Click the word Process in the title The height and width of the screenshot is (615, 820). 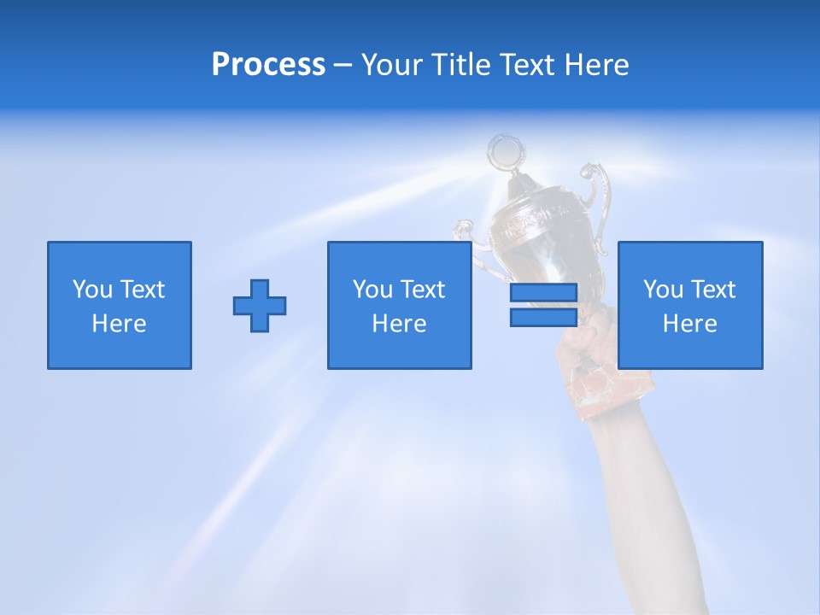click(268, 65)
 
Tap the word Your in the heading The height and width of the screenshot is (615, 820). click(392, 65)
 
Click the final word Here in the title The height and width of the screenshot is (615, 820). click(595, 65)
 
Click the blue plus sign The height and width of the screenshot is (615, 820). click(260, 305)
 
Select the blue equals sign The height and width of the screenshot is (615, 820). click(543, 305)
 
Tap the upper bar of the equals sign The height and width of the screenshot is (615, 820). click(543, 293)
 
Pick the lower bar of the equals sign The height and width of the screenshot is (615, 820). click(543, 317)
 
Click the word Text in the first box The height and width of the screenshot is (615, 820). click(142, 290)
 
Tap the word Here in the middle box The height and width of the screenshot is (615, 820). click(400, 324)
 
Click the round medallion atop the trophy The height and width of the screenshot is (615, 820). click(502, 151)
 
